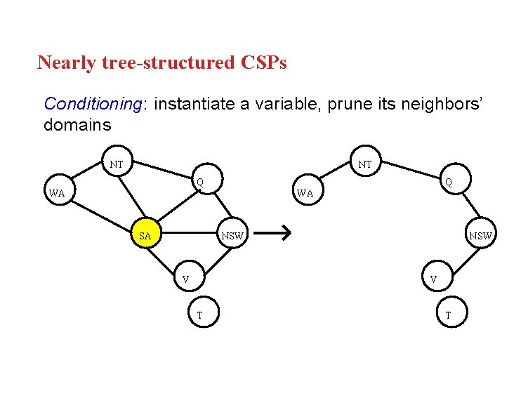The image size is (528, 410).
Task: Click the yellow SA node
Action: pos(146,236)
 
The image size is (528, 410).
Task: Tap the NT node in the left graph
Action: pos(117,164)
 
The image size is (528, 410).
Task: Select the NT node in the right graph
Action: pos(364,164)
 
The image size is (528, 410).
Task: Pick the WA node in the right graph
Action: pos(304,192)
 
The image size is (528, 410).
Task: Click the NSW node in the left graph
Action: pos(232,236)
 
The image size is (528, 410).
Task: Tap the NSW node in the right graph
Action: pos(480,236)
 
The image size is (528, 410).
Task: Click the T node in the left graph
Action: pos(199,315)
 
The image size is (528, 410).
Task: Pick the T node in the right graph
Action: pos(448,315)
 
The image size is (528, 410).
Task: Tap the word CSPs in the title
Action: pos(263,62)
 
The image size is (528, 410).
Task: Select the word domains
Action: pos(77,125)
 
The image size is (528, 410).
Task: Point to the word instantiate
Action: pos(194,104)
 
